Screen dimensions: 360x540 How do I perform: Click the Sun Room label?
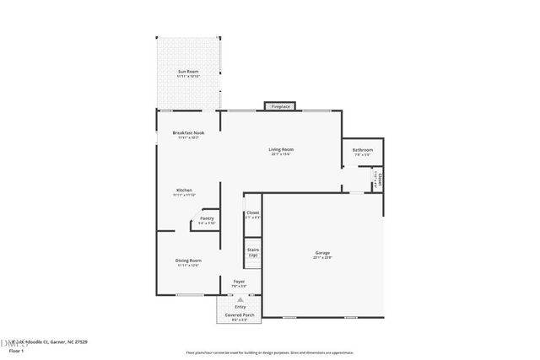click(x=187, y=73)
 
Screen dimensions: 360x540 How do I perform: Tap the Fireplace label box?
click(x=280, y=107)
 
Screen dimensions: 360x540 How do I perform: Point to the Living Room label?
click(x=282, y=150)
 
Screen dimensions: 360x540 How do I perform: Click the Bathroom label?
click(x=363, y=151)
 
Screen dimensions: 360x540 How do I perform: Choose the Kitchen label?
click(x=184, y=191)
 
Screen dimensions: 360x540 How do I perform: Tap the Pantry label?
click(x=207, y=219)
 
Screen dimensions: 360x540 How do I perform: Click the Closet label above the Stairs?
click(x=252, y=212)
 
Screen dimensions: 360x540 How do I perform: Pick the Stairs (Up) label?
click(x=252, y=251)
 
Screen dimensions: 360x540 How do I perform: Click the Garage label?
click(x=322, y=252)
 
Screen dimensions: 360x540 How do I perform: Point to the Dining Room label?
click(x=187, y=261)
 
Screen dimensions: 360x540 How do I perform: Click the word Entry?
click(x=240, y=306)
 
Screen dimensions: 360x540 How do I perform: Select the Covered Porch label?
click(x=239, y=315)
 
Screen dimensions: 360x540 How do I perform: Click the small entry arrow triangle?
click(x=240, y=299)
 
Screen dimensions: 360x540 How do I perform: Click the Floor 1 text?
click(x=16, y=350)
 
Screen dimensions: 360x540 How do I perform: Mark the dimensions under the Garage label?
click(x=322, y=257)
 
